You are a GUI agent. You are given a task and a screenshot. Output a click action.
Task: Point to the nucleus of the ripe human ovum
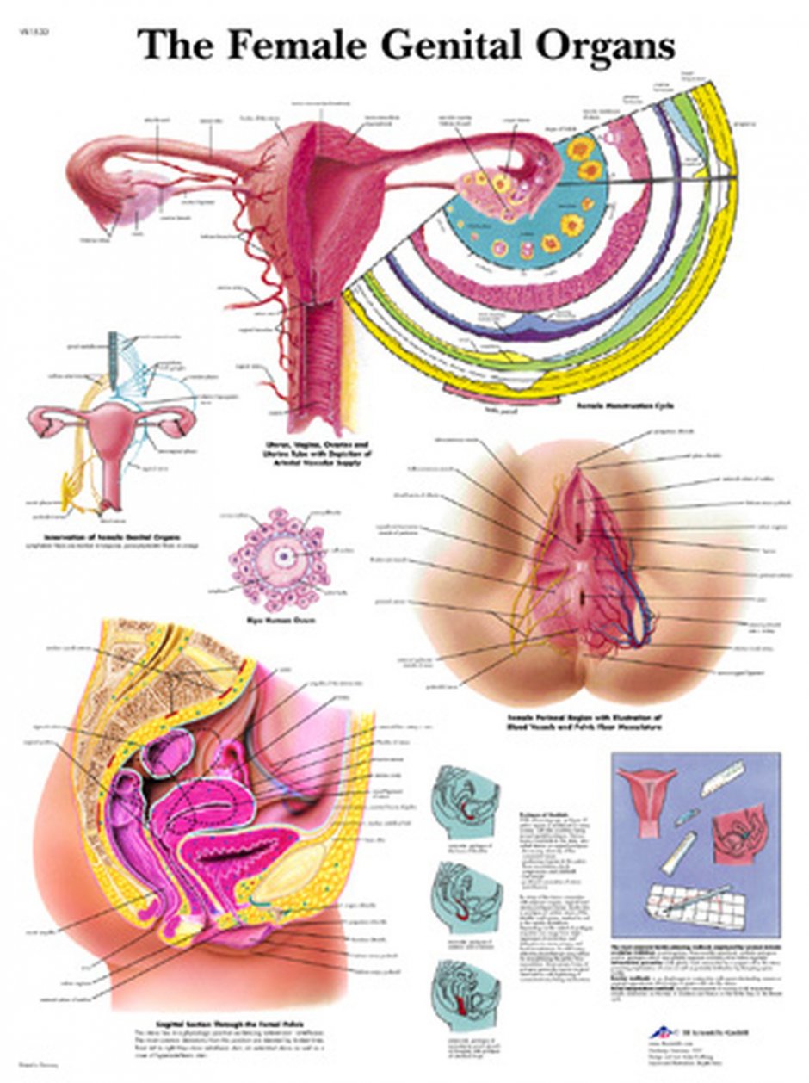click(281, 555)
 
